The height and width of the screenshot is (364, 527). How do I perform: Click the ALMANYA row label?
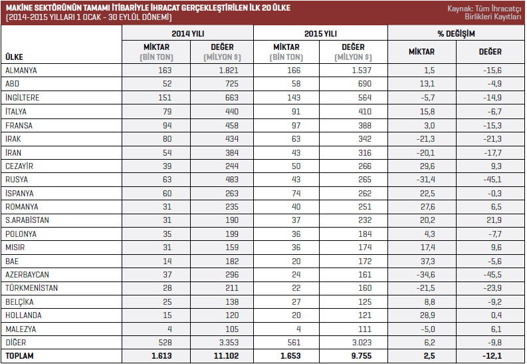point(21,70)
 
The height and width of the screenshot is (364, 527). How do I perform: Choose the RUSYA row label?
point(17,179)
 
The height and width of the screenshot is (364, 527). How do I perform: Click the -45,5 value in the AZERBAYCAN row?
point(492,274)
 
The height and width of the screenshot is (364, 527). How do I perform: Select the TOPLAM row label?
point(19,357)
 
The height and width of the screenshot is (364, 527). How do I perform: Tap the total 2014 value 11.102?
point(228,357)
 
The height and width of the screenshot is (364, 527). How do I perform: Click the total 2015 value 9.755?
point(359,357)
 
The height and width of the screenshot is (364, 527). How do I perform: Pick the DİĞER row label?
point(16,343)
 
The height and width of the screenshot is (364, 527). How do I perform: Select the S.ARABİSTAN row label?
point(27,220)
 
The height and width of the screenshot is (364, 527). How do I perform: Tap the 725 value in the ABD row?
point(235,84)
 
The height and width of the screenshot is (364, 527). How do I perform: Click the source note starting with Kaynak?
point(486,13)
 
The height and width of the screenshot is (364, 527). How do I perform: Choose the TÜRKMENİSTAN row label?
point(31,288)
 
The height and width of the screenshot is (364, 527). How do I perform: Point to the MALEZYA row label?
point(21,329)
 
